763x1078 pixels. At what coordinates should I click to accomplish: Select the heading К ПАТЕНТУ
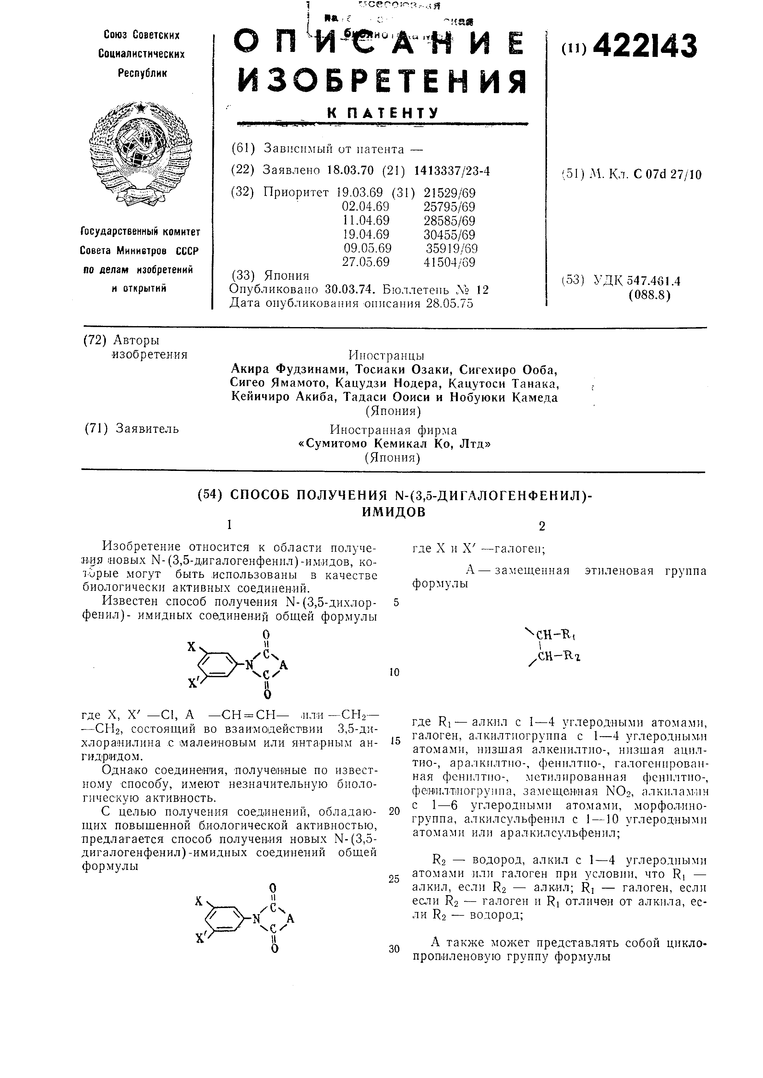tap(382, 113)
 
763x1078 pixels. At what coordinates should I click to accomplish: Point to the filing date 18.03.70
tap(350, 170)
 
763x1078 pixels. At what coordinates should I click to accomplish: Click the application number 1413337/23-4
tap(452, 170)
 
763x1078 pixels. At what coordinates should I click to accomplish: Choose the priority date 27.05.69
tap(366, 262)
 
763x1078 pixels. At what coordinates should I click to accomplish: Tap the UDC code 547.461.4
tap(653, 281)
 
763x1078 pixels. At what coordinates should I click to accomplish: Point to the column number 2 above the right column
tap(542, 526)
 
